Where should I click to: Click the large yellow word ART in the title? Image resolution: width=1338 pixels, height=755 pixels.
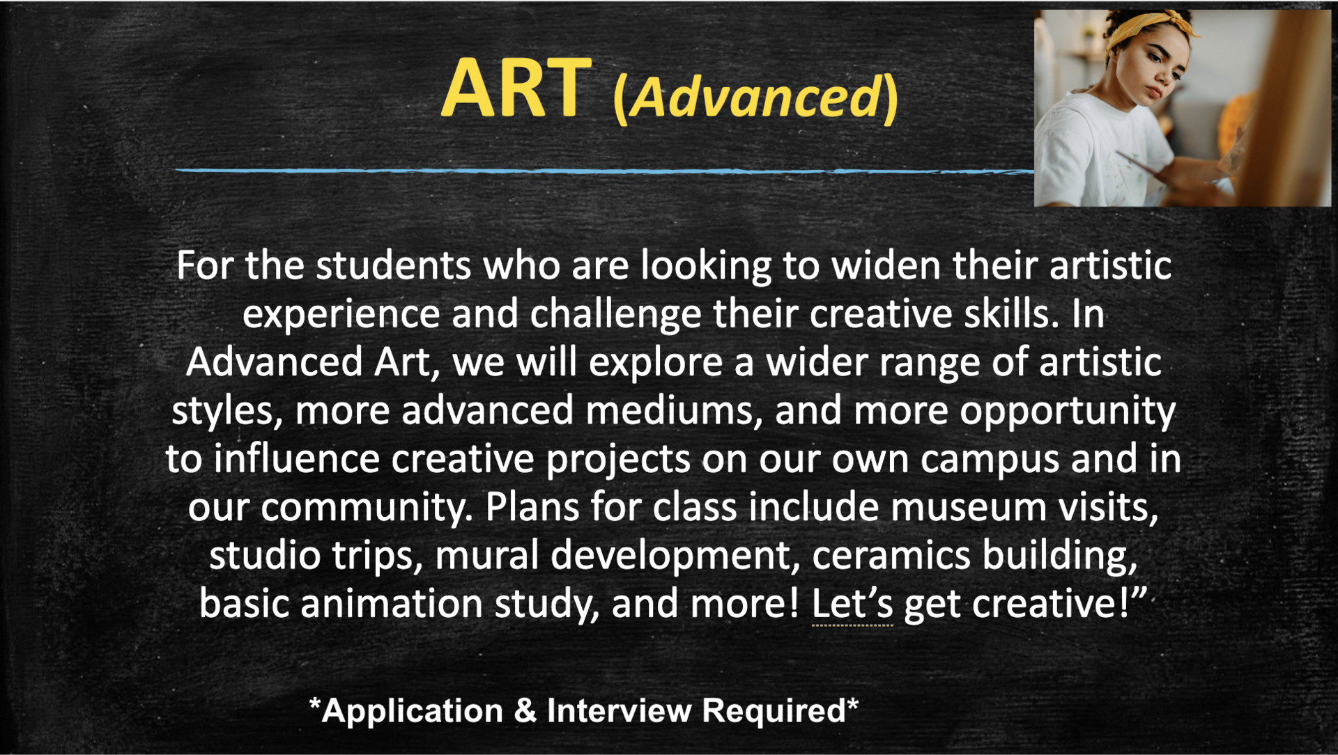pos(516,89)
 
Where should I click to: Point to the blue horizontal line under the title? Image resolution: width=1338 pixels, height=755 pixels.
pos(599,170)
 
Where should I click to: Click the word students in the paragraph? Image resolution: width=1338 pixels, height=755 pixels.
pos(393,266)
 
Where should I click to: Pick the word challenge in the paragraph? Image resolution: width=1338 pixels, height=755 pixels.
pos(615,315)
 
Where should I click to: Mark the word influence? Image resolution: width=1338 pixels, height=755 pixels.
pos(296,459)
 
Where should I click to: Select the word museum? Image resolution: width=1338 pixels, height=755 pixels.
pos(968,507)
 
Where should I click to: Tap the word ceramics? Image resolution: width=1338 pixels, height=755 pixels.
pos(891,555)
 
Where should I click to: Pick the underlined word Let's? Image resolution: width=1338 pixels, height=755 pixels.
pos(852,605)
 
